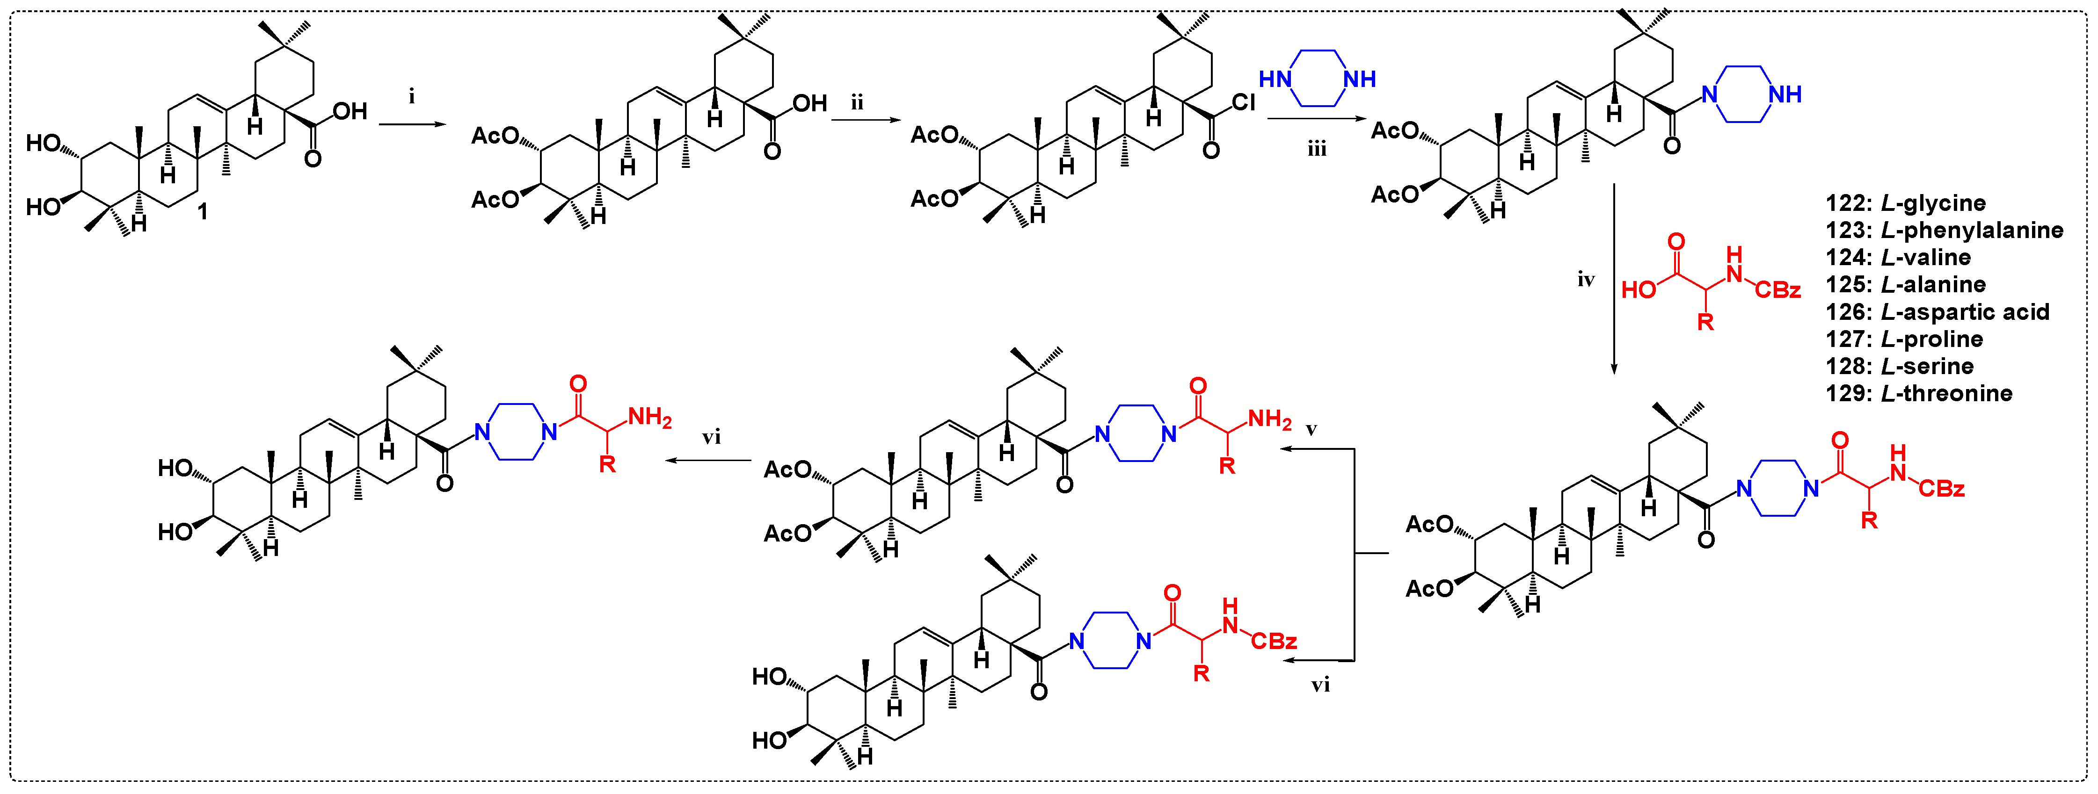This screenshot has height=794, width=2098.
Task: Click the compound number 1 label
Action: tap(203, 212)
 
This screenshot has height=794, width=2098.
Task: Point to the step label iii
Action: tap(1317, 149)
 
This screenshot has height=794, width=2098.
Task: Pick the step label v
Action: tap(1311, 429)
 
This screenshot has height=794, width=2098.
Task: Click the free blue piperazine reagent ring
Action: tap(1317, 79)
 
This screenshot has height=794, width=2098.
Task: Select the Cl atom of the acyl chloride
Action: tap(1244, 102)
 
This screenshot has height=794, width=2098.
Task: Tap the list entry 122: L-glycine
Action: tap(1906, 203)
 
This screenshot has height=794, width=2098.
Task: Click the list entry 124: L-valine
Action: tap(1898, 257)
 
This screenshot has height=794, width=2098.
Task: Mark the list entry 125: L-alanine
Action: tap(1906, 284)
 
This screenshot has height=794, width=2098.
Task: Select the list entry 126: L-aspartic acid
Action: tap(1937, 312)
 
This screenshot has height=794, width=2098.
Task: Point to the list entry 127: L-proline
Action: tap(1904, 339)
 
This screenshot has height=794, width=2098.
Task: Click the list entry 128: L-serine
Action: tap(1899, 366)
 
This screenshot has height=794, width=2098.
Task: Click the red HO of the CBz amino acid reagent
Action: tap(1639, 290)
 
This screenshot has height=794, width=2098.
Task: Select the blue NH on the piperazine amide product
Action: tap(1785, 94)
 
